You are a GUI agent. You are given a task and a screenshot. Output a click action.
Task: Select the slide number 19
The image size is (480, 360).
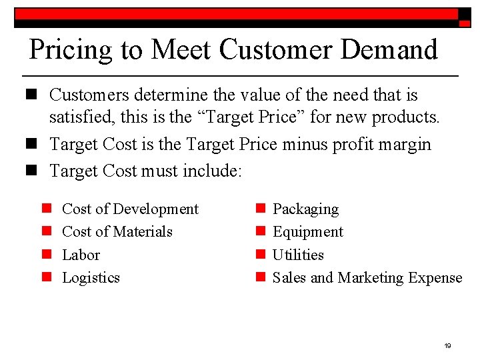[447, 345]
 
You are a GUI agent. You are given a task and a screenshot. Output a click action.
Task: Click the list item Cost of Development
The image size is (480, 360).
[130, 209]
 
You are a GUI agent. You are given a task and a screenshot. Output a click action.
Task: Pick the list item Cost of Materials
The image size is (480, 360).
[117, 231]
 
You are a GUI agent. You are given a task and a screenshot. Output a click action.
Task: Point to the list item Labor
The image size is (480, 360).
[81, 255]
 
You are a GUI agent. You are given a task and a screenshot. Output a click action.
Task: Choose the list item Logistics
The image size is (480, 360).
[91, 277]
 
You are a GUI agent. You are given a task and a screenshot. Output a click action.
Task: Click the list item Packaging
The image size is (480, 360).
[305, 209]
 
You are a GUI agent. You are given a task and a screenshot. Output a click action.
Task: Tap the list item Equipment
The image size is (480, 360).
[308, 232]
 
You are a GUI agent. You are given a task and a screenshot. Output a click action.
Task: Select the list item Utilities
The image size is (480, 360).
[298, 255]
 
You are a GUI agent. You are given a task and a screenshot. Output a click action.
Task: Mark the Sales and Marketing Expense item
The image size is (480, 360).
[367, 277]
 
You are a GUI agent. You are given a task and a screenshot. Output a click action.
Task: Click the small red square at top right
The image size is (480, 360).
[465, 23]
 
